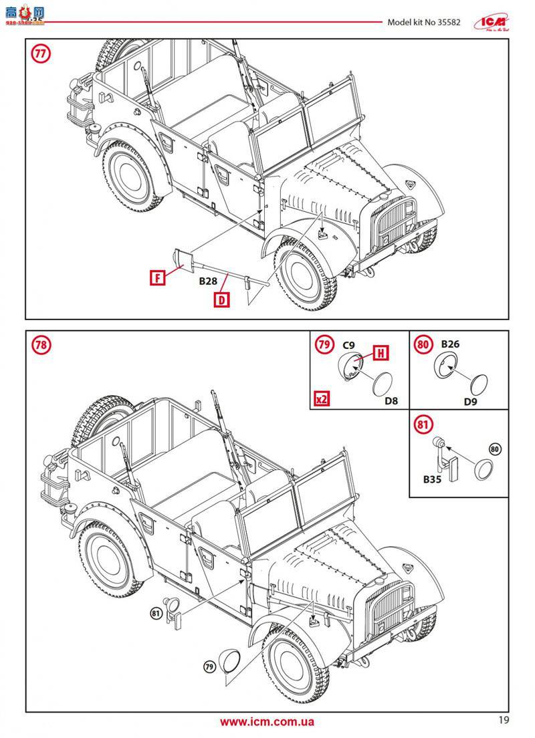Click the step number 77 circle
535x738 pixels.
[41, 54]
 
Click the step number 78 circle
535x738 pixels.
[41, 345]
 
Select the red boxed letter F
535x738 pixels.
[157, 277]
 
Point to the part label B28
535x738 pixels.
[209, 282]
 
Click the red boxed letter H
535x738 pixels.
[380, 352]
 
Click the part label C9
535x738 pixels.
[348, 345]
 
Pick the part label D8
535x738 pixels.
[391, 401]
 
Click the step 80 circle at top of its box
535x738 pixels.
[423, 345]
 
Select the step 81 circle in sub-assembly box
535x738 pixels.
[423, 424]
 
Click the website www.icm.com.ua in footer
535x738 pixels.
[267, 721]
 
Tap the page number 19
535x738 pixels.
[504, 720]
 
